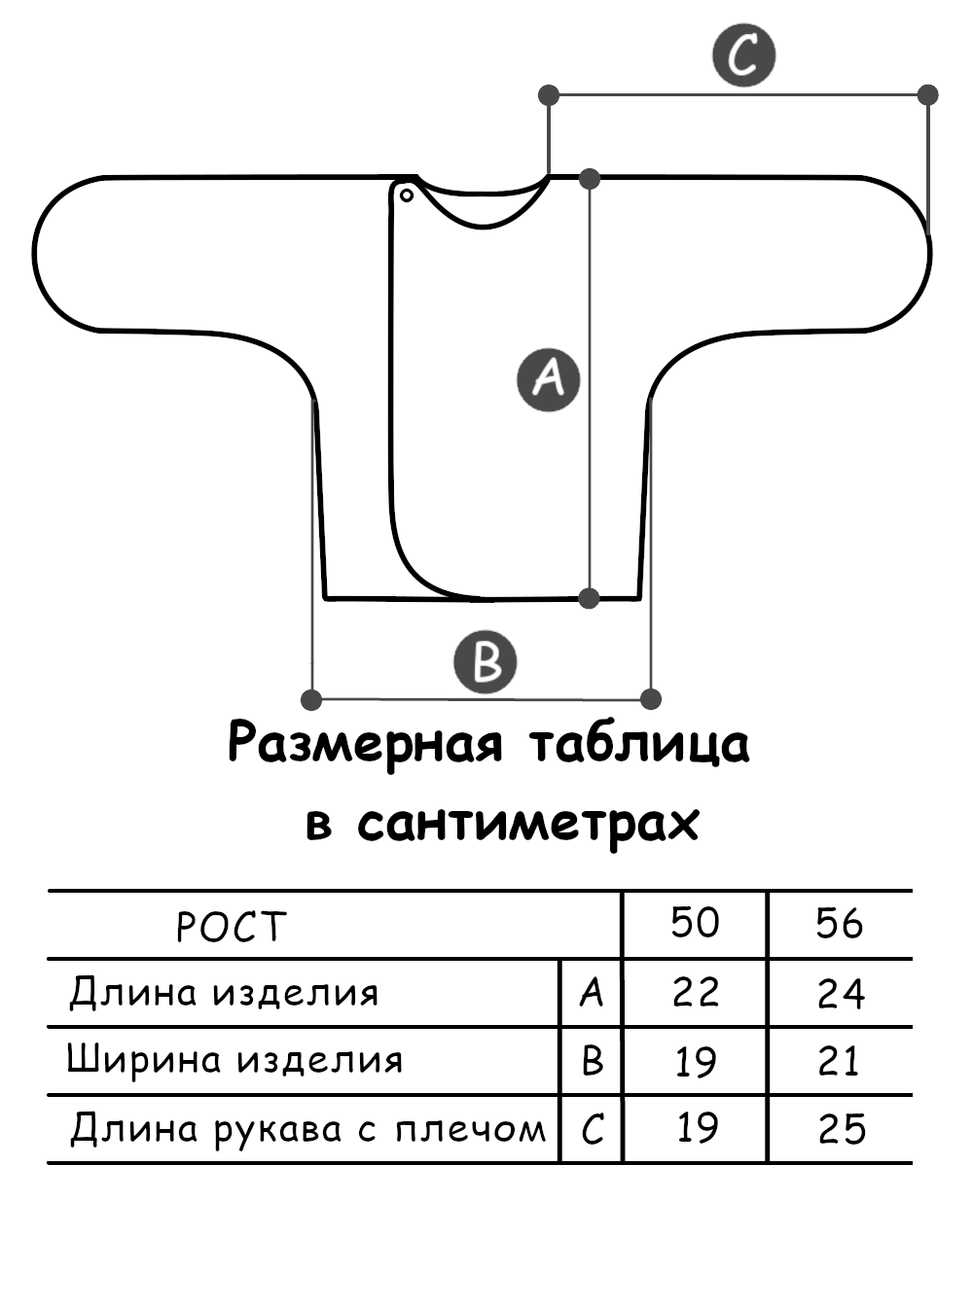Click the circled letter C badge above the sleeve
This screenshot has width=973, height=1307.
744,55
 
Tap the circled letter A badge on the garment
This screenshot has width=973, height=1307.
549,378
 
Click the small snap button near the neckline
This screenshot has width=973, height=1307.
407,196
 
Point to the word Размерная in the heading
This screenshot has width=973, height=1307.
366,744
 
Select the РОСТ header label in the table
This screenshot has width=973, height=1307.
232,926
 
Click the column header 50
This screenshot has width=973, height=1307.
695,923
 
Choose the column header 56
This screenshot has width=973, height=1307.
840,923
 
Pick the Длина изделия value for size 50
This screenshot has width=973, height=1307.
695,993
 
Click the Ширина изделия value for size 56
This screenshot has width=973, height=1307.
839,1061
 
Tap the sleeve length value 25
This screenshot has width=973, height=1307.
841,1129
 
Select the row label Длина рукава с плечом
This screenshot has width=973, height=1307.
307,1129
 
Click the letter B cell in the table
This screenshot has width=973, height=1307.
592,1061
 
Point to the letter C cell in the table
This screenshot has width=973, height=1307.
592,1129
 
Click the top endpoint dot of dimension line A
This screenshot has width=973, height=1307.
589,178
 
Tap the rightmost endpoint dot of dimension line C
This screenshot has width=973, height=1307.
928,94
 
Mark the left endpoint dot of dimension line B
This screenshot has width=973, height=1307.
311,698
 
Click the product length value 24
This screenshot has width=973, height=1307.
841,993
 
